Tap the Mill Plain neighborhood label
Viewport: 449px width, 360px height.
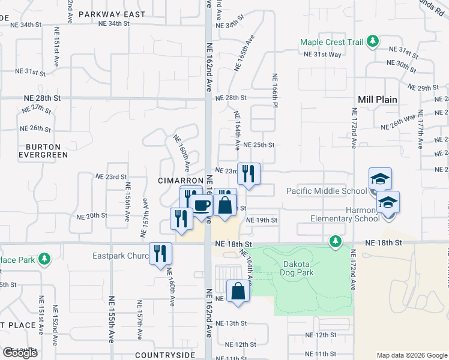click(378, 100)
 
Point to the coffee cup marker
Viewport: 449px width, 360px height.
click(202, 205)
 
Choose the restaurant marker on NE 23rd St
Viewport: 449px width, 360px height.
click(249, 173)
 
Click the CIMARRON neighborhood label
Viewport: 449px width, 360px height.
click(178, 181)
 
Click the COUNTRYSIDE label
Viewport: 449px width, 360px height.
click(166, 355)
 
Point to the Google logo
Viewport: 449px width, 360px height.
click(20, 353)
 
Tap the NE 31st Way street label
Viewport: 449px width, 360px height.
click(322, 55)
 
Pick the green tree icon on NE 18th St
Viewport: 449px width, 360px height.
click(335, 241)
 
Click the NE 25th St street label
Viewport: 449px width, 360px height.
click(259, 145)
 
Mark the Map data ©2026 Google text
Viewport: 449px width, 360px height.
click(412, 355)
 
